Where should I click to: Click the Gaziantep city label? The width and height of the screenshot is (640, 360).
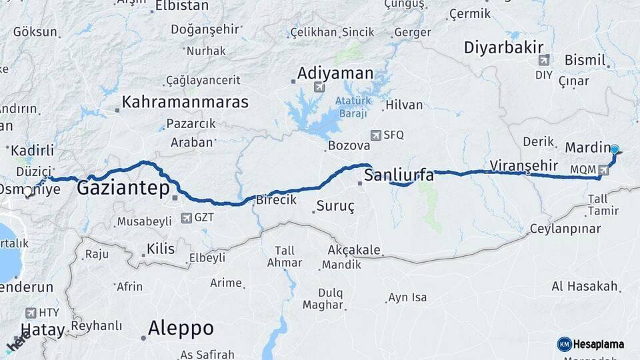tap(123, 188)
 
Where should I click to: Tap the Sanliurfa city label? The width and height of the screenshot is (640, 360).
tap(399, 176)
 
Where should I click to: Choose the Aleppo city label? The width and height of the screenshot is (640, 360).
tap(181, 328)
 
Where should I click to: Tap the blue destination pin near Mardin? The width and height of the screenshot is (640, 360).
tap(614, 151)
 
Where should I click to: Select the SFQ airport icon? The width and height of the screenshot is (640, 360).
tap(376, 135)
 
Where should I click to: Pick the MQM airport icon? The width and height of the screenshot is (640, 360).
tap(603, 170)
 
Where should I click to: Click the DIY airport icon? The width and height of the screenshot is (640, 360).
tap(544, 59)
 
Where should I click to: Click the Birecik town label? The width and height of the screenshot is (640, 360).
tap(276, 200)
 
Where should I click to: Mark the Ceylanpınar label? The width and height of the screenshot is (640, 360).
tap(565, 229)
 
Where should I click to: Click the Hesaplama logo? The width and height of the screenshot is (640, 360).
tap(591, 344)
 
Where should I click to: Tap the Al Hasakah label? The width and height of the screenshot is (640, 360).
tap(584, 286)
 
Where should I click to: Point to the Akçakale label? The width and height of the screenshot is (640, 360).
tap(354, 251)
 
